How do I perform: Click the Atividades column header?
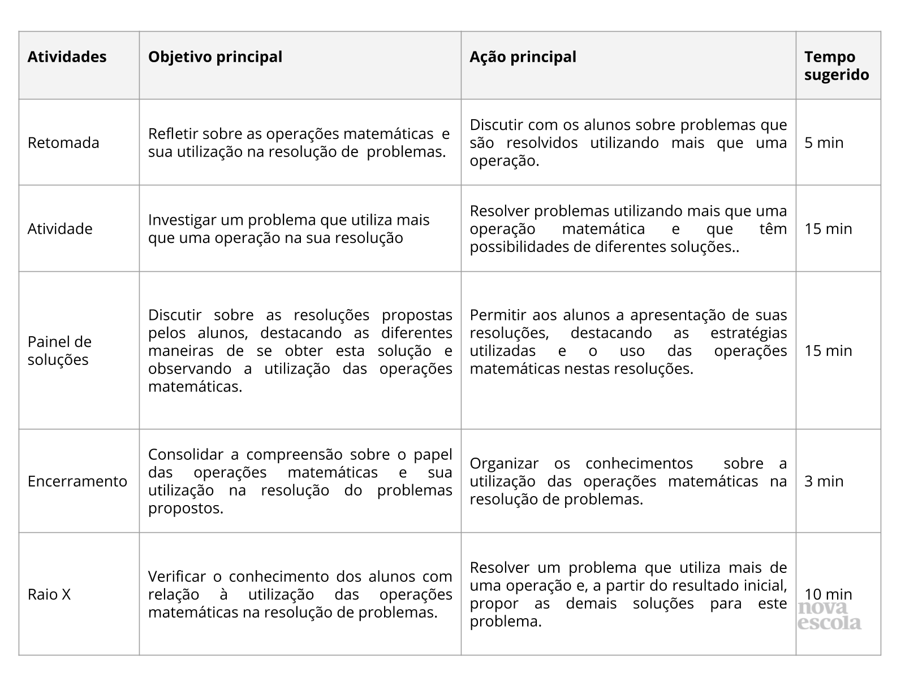[x=67, y=57]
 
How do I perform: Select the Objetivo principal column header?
[x=215, y=57]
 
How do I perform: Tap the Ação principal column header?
[x=523, y=57]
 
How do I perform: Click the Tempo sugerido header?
[x=836, y=66]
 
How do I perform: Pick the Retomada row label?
[x=63, y=143]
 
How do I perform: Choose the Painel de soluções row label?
[x=59, y=351]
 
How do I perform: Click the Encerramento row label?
[x=77, y=481]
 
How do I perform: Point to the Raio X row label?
[x=49, y=594]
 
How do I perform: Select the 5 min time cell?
[x=824, y=143]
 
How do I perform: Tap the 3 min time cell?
[x=824, y=481]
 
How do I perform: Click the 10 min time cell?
[x=828, y=594]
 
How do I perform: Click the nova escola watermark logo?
[x=829, y=616]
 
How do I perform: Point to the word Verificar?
[x=176, y=577]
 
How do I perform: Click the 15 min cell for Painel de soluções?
[x=828, y=351]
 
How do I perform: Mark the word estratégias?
[x=748, y=333]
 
